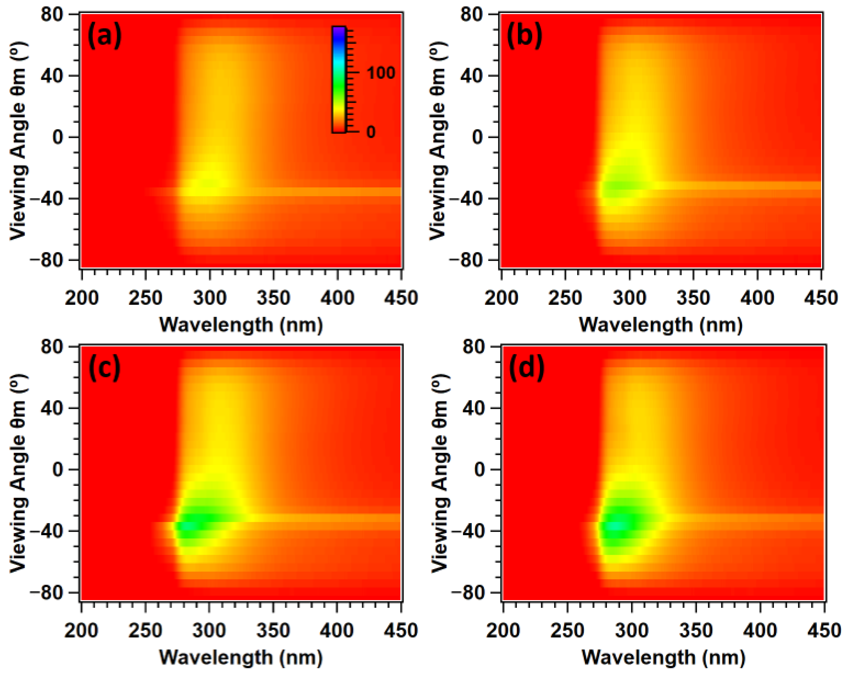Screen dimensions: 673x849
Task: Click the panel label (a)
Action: [104, 36]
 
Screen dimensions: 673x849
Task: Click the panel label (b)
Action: [524, 36]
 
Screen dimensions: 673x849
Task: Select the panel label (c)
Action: [104, 369]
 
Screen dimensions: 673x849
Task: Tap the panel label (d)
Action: [526, 369]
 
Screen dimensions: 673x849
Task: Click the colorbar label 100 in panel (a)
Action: [381, 73]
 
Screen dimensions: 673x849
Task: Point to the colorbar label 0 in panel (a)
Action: [370, 132]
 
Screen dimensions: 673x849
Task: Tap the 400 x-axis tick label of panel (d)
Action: [760, 630]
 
